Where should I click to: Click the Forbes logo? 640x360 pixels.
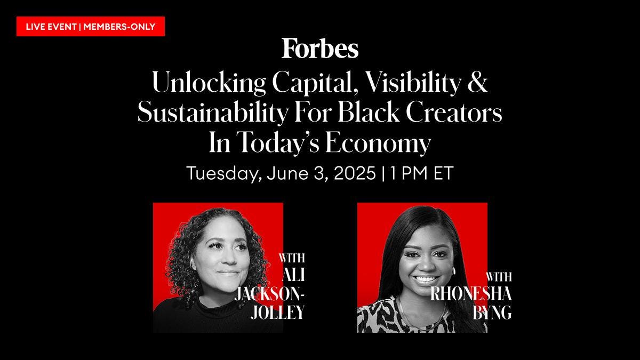tap(320, 49)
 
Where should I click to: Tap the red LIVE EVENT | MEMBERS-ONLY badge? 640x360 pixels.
tap(90, 27)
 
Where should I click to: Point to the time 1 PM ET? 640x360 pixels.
tap(422, 173)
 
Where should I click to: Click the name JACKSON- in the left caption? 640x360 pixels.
tap(270, 294)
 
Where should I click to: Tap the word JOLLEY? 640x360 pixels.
tap(278, 312)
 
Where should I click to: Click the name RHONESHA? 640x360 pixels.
tap(471, 294)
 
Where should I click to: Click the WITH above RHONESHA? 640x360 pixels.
tap(499, 277)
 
